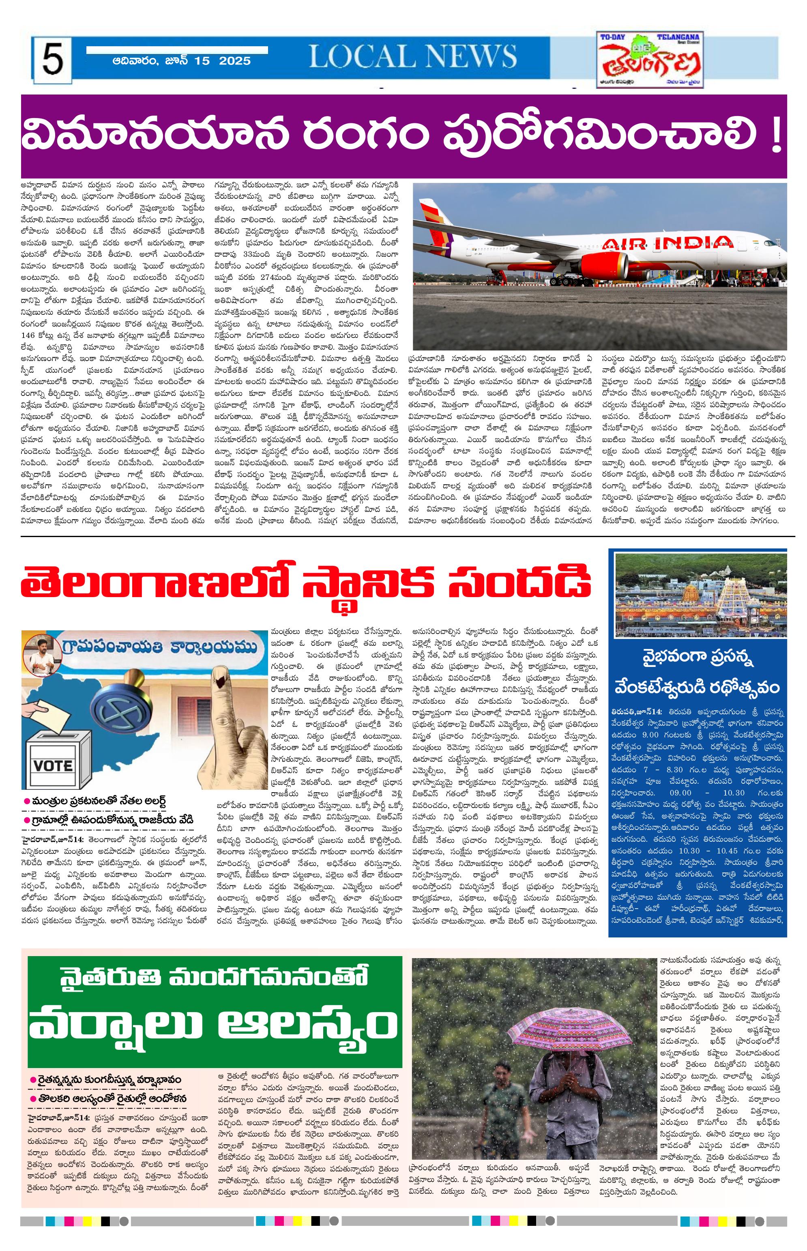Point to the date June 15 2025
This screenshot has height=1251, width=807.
click(182, 61)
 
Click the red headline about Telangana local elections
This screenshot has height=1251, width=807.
click(306, 585)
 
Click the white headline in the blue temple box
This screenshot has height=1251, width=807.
click(698, 673)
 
